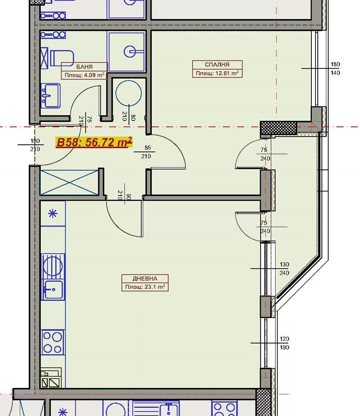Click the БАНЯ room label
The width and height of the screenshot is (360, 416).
coord(84,67)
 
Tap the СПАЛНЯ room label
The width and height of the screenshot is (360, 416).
coord(217,65)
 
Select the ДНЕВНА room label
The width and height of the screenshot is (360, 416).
coord(145,278)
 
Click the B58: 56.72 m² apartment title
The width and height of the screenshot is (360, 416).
coord(94,142)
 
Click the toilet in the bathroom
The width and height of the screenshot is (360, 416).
coord(62,58)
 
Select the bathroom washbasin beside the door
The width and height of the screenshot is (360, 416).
coord(50,95)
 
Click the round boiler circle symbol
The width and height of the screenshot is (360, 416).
coord(129,93)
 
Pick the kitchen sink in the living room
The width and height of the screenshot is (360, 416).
coord(53,289)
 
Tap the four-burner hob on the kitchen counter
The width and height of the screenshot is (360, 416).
coord(53,342)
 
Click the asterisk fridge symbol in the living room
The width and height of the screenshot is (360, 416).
coord(53,214)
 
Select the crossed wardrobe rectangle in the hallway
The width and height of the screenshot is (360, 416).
coord(69,183)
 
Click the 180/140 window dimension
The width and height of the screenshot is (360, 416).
coord(335,68)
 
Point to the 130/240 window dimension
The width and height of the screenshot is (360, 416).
coord(285,268)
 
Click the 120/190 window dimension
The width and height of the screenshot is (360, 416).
coord(285,343)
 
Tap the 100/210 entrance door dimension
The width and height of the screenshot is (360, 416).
coord(35,145)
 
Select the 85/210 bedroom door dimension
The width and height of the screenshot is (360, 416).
coord(146,152)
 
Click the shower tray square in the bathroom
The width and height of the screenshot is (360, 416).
coord(127,51)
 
